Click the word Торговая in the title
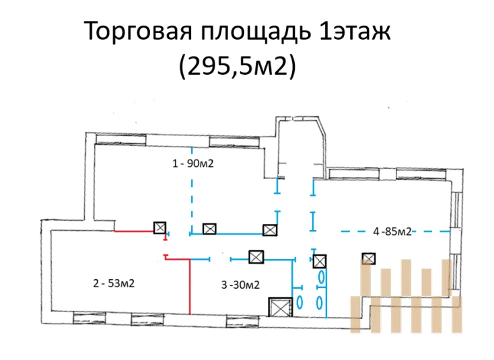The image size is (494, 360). pyautogui.click(x=138, y=30)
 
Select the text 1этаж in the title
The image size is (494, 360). pyautogui.click(x=355, y=30)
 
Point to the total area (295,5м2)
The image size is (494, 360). pyautogui.click(x=237, y=66)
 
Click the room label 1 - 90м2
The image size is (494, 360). pyautogui.click(x=192, y=164)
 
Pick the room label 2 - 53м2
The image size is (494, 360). pyautogui.click(x=114, y=283)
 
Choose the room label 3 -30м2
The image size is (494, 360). pyautogui.click(x=240, y=285)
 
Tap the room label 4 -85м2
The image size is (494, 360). pyautogui.click(x=392, y=231)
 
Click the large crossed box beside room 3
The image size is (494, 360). pyautogui.click(x=281, y=307)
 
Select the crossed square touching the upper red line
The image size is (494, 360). pyautogui.click(x=160, y=227)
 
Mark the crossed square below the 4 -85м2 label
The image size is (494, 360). pyautogui.click(x=369, y=258)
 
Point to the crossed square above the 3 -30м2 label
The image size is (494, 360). pyautogui.click(x=256, y=257)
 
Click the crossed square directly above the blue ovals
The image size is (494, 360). pyautogui.click(x=320, y=261)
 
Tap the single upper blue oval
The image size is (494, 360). pyautogui.click(x=322, y=277)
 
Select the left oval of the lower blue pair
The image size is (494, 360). pyautogui.click(x=299, y=302)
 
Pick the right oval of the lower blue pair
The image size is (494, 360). pyautogui.click(x=320, y=302)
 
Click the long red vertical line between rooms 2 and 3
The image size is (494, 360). pyautogui.click(x=190, y=287)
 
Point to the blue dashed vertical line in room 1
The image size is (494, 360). pyautogui.click(x=192, y=189)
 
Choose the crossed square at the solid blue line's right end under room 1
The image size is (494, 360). pyautogui.click(x=270, y=230)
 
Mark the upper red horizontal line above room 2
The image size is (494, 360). pyautogui.click(x=134, y=231)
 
